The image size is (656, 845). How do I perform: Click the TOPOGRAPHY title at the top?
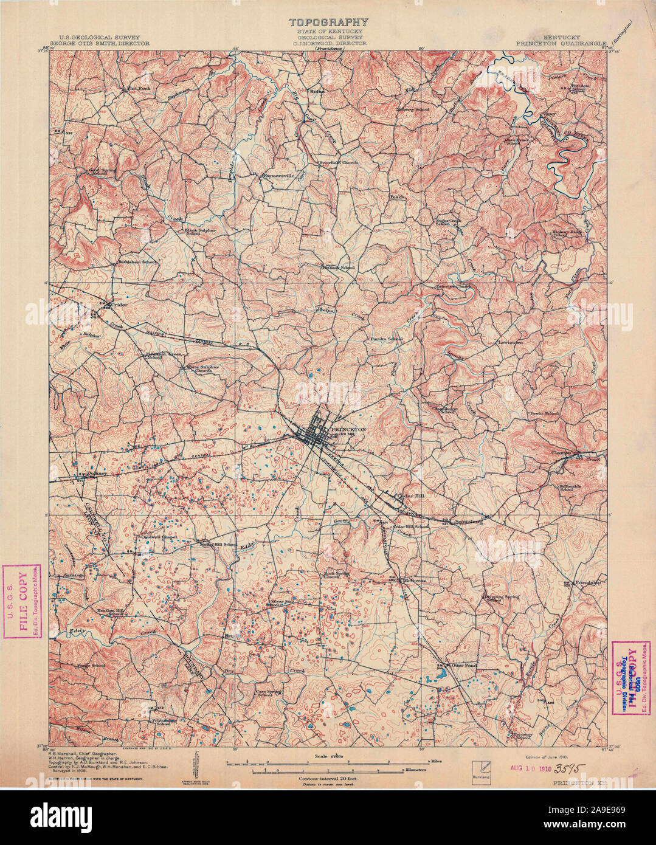coord(328,22)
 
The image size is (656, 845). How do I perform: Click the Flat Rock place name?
coord(138,88)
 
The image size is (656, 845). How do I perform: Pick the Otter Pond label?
coord(463,666)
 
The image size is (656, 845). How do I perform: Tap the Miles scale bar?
coord(328,762)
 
